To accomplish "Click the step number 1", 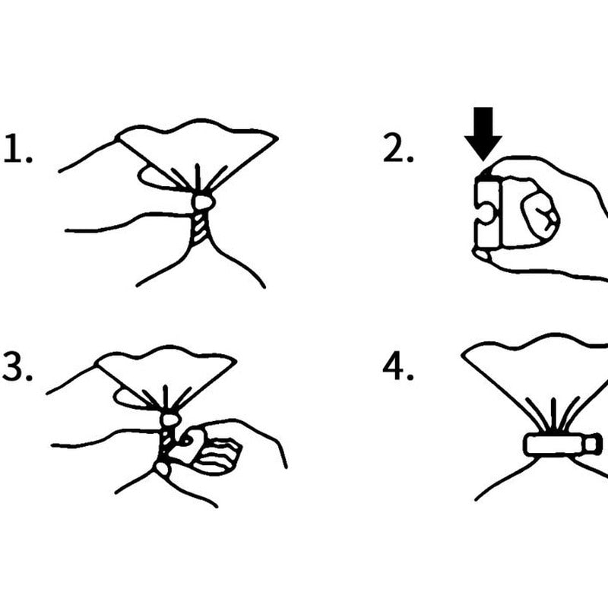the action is tap(17, 148).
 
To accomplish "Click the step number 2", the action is tap(398, 147).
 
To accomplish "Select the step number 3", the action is tap(17, 366).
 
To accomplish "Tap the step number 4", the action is tap(397, 366).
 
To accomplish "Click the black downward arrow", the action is tap(483, 134).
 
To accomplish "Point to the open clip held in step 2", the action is tap(488, 212).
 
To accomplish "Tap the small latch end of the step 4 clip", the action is tap(594, 445).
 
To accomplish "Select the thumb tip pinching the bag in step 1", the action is tap(203, 201).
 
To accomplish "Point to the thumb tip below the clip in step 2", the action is tap(482, 255).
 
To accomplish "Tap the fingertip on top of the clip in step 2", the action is tap(489, 173).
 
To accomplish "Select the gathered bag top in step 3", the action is tap(166, 377).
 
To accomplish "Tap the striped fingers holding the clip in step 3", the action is tap(217, 454).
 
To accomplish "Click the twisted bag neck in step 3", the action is tap(166, 442).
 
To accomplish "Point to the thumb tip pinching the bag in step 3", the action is tap(169, 420).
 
